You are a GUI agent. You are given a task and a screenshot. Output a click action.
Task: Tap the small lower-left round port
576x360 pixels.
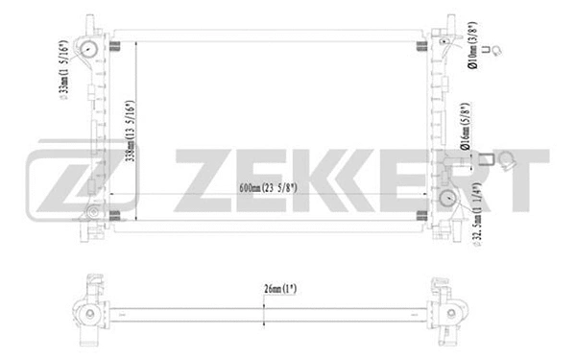click(92, 212)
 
